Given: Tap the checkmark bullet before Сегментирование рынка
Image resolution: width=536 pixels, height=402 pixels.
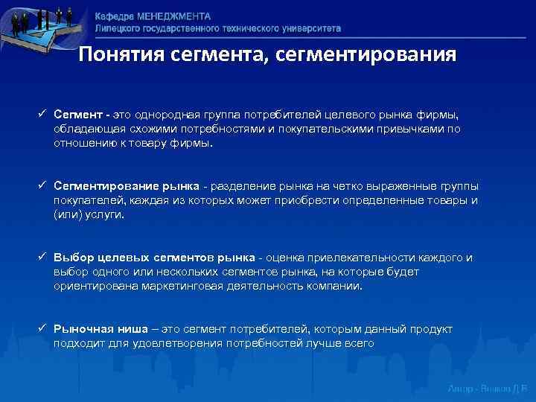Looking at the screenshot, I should click(x=44, y=186).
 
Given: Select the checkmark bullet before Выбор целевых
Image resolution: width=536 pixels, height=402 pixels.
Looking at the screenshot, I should click(x=44, y=257).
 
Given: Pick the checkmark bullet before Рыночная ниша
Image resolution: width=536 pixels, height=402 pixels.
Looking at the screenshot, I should click(x=44, y=328).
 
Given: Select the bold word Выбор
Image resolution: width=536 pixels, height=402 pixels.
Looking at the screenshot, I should click(x=71, y=257).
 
